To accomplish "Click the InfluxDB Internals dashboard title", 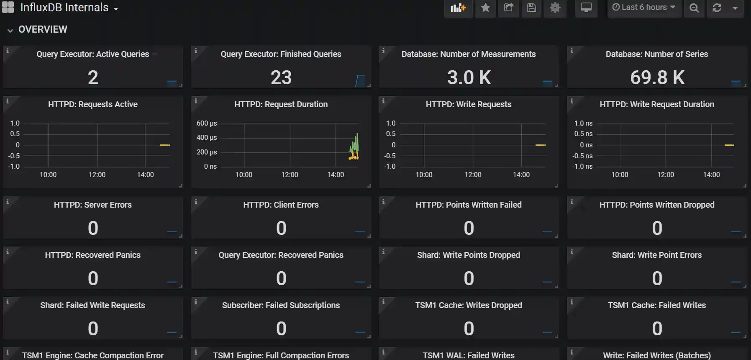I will coord(64,8).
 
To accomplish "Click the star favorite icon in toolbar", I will coord(485,8).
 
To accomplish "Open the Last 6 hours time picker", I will coord(643,8).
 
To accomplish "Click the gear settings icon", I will coord(555,8).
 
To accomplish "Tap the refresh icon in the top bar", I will coord(717,8).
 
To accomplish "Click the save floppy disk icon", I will coord(531,8).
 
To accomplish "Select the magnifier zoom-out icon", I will coord(694,8).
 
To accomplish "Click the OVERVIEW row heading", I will coord(43,29).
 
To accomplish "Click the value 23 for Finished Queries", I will coord(281,77).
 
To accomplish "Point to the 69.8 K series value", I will coord(657,77).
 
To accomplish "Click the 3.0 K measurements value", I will coord(469,77).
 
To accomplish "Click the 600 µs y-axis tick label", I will coord(207,123).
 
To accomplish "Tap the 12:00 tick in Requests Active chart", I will coord(97,175).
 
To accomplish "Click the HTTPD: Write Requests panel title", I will coord(468,104).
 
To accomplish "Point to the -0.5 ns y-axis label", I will coord(582,156).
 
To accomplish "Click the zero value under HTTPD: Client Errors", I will coord(281,228).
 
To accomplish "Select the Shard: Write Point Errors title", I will coord(656,255).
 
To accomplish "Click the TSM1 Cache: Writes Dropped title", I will coord(468,305).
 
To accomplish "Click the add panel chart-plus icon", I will coord(458,8).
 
